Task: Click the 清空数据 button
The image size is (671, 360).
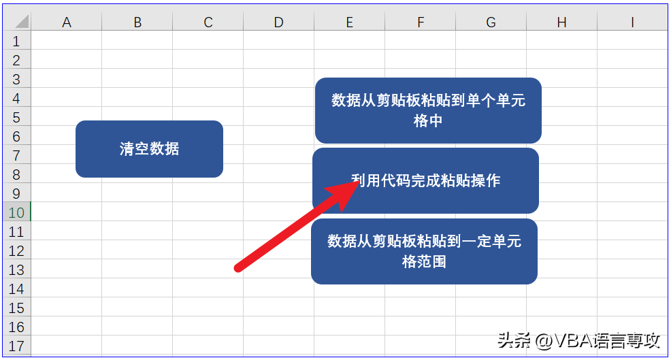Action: click(x=149, y=149)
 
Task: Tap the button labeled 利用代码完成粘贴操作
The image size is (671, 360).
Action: click(x=425, y=180)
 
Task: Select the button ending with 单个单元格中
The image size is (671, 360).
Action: click(x=428, y=110)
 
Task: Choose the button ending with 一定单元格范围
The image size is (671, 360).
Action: click(x=424, y=251)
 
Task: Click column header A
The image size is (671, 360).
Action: click(x=66, y=22)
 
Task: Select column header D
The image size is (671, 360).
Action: click(x=278, y=22)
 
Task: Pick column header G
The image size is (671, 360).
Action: click(x=491, y=22)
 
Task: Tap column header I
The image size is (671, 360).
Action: click(x=632, y=22)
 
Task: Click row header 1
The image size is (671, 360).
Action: click(x=16, y=41)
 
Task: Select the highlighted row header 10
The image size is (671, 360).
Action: click(x=16, y=213)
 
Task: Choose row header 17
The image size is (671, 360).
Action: click(x=16, y=346)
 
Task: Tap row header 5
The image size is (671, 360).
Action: click(x=16, y=117)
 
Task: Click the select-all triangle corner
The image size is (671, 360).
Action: click(x=21, y=21)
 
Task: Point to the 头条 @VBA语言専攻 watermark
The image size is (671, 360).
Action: click(x=578, y=341)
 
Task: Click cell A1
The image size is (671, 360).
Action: click(x=66, y=40)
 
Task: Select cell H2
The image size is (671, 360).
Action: click(x=561, y=59)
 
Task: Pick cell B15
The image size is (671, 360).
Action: click(x=137, y=308)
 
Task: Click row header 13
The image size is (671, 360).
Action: click(x=16, y=270)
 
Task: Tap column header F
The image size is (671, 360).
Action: click(x=421, y=22)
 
